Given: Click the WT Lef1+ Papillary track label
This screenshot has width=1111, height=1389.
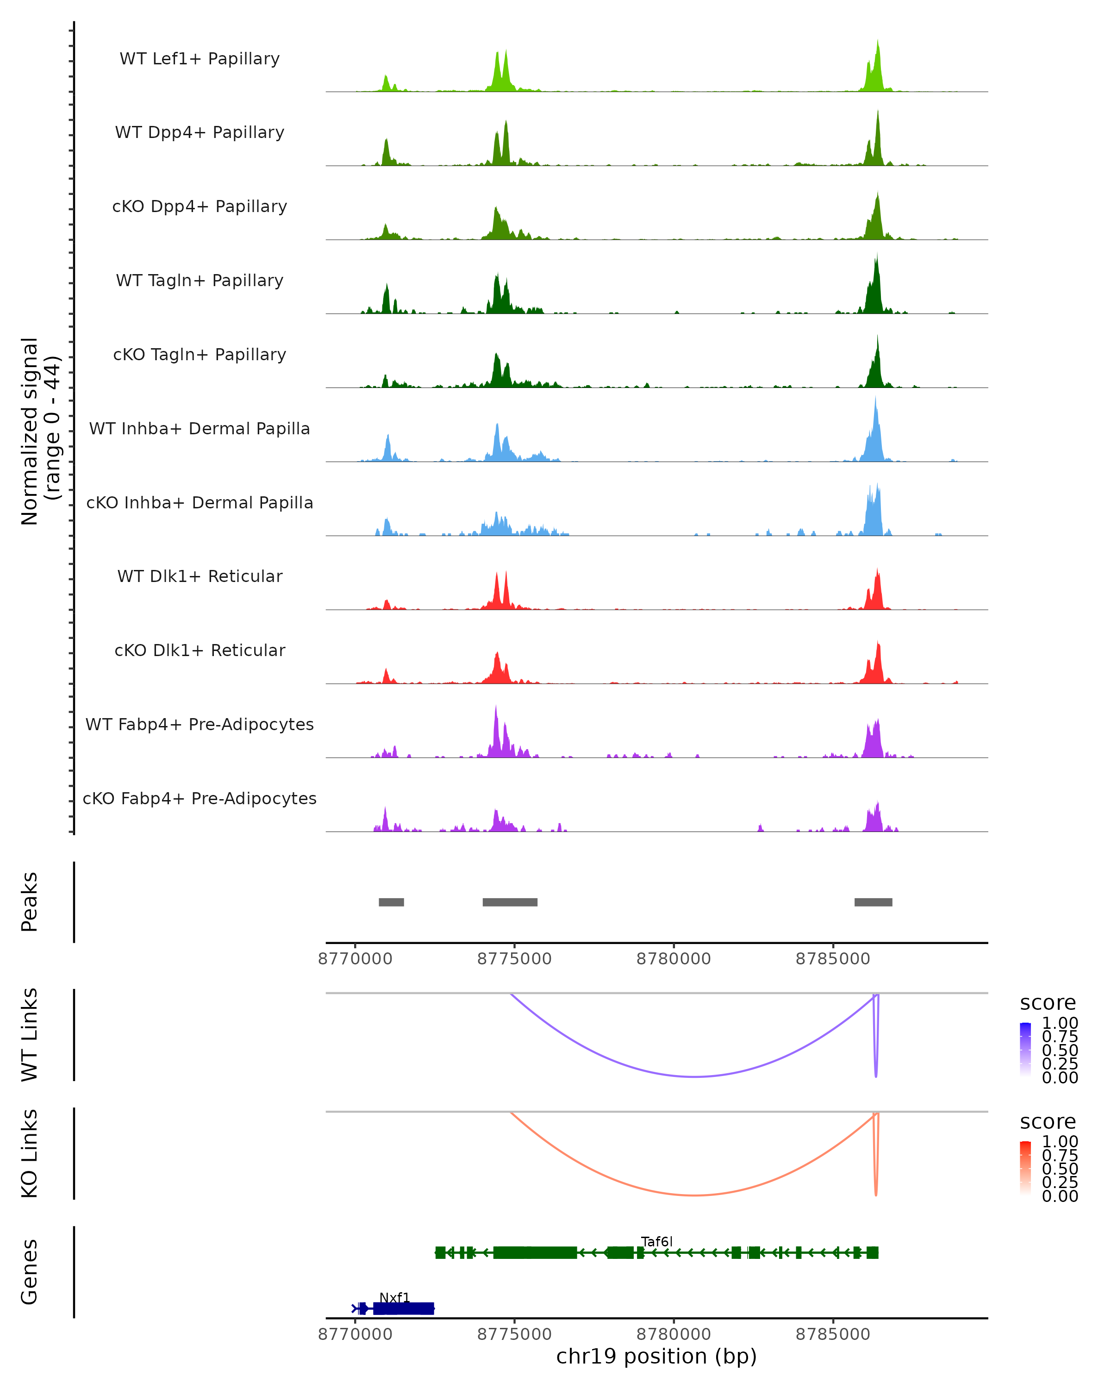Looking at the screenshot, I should tap(200, 59).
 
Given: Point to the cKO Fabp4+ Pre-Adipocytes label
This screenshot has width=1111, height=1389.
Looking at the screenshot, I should tap(200, 799).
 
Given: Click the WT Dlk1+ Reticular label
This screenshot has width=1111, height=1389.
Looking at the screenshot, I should tap(200, 576).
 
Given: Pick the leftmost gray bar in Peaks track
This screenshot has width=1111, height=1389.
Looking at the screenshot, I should tap(391, 902).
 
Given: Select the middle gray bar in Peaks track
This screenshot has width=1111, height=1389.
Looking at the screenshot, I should tap(510, 902).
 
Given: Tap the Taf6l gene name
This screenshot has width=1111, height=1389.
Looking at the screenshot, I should tap(656, 1241).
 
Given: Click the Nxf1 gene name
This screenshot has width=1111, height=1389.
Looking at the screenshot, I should tap(394, 1297).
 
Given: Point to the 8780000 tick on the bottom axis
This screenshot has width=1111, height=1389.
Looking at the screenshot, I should tap(674, 1333).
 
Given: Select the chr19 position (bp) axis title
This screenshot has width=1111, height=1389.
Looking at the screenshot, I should tap(656, 1357).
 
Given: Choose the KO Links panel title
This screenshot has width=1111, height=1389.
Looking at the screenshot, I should tap(30, 1154).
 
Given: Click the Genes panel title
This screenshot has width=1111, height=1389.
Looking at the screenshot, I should tap(30, 1272).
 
